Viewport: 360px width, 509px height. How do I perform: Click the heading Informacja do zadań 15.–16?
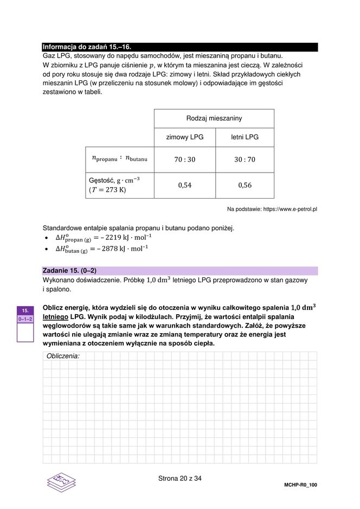[87, 47]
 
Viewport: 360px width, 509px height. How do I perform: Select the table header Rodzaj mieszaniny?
[214, 118]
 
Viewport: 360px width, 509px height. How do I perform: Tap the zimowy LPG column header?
[184, 137]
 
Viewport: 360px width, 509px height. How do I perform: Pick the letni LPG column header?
[245, 137]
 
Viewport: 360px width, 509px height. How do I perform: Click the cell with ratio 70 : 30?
[184, 160]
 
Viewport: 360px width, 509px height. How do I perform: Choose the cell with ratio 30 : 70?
[245, 160]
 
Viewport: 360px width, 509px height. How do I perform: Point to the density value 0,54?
[184, 186]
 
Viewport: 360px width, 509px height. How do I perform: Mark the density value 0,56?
[245, 186]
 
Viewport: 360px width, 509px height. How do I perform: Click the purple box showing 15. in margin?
[25, 311]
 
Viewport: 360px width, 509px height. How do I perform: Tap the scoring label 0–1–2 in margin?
[25, 320]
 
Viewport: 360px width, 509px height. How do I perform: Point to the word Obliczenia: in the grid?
[63, 356]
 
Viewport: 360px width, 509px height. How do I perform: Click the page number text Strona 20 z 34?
[179, 479]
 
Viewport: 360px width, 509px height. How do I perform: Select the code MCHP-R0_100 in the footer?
[300, 485]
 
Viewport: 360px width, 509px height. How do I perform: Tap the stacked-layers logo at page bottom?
[61, 481]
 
